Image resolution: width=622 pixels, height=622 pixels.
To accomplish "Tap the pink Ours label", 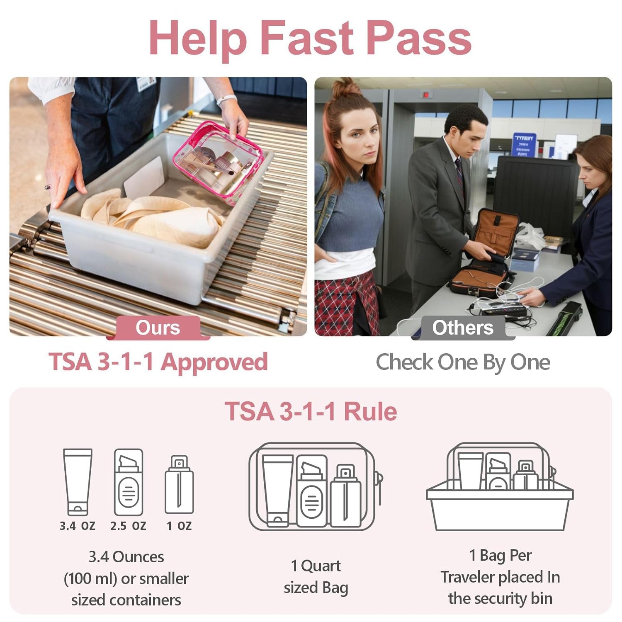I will [158, 328].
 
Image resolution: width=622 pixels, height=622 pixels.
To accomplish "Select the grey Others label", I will [463, 328].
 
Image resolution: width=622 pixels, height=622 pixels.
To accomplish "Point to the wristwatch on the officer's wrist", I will [226, 100].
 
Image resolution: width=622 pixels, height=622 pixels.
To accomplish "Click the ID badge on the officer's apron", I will [146, 84].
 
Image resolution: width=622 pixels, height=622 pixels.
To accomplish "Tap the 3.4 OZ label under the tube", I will [78, 526].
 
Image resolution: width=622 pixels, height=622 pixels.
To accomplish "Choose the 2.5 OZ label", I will [128, 526].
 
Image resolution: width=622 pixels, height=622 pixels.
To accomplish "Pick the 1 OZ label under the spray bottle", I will [179, 526].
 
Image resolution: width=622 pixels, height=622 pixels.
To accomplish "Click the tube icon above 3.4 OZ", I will [78, 481].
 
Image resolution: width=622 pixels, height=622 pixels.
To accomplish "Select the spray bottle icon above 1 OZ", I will [179, 485].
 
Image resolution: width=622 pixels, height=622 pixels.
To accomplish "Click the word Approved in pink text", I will [214, 362].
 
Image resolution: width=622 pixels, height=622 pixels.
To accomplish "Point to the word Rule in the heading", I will [370, 411].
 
